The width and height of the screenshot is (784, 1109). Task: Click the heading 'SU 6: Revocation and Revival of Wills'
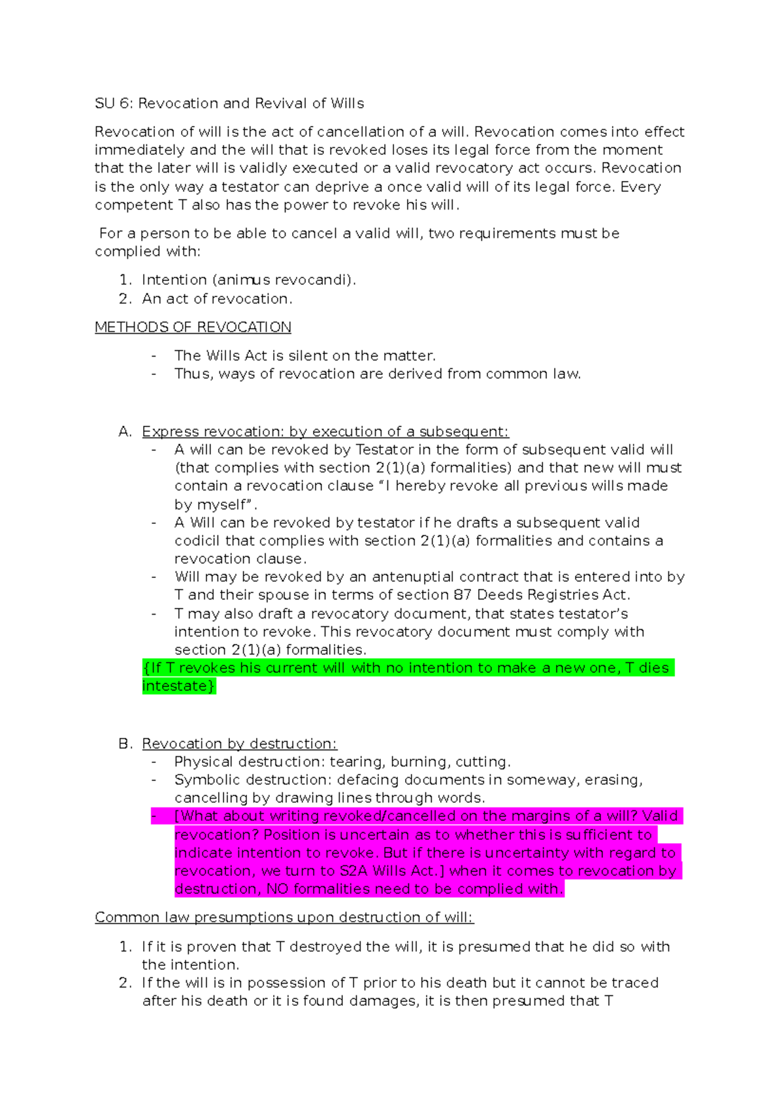pos(229,103)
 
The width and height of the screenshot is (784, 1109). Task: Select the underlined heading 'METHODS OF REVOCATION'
pos(193,327)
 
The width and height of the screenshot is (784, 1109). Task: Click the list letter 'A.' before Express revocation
pos(125,432)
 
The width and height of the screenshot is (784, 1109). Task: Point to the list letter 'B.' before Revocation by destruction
pos(125,744)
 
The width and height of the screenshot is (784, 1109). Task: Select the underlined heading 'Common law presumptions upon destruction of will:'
pos(284,918)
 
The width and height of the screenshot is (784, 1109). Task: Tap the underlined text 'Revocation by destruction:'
pos(239,744)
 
